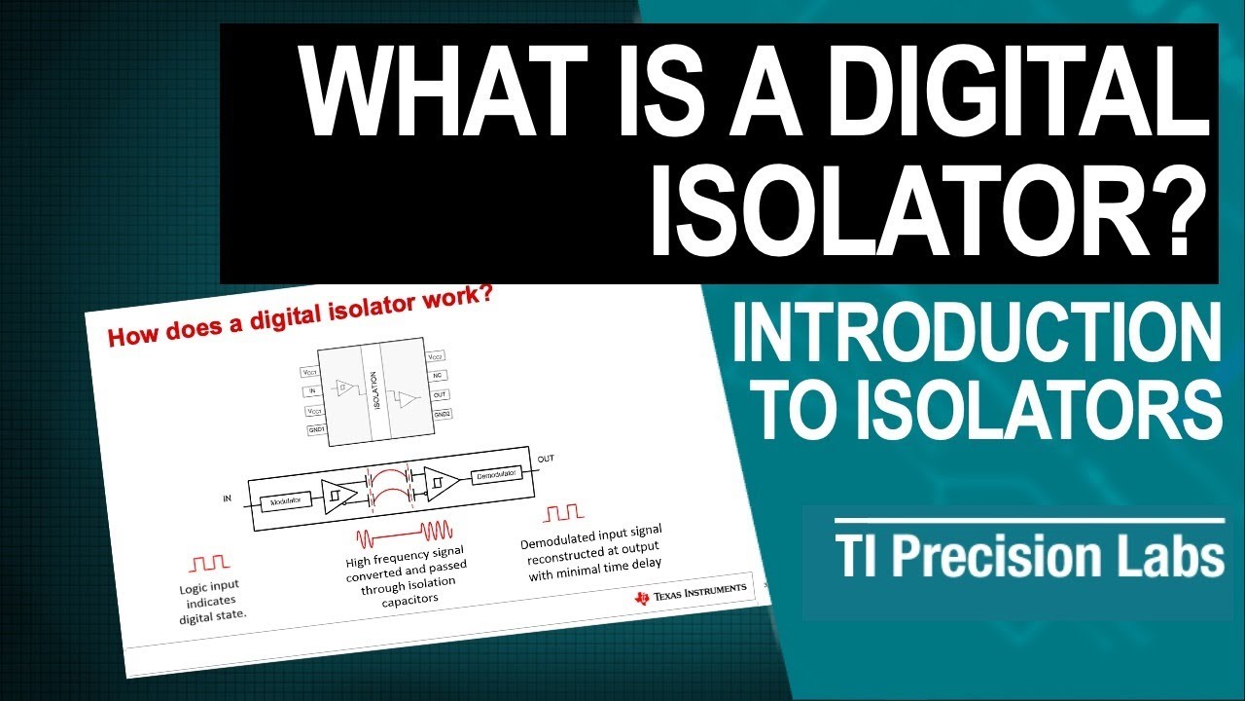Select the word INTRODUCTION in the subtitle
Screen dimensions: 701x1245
(x=976, y=334)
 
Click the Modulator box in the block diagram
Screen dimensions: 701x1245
(x=285, y=499)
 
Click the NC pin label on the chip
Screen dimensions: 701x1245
(x=440, y=374)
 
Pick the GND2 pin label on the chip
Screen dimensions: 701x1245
(x=442, y=415)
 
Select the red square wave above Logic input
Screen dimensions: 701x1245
(x=209, y=562)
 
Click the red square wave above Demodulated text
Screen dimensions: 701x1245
(x=564, y=512)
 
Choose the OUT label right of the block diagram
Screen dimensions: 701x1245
(x=548, y=455)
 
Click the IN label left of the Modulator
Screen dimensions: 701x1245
(x=228, y=498)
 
